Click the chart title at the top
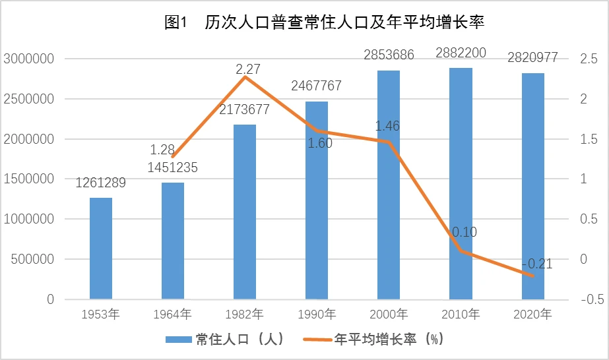(x=325, y=22)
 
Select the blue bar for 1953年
(x=101, y=249)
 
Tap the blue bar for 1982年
(x=245, y=212)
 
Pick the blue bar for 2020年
(x=533, y=186)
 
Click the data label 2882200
(x=461, y=53)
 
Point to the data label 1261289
(x=100, y=183)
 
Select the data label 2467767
(x=317, y=86)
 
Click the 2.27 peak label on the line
(x=248, y=69)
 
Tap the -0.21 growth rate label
(x=537, y=264)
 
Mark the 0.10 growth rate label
(x=465, y=232)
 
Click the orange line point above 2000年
(x=389, y=142)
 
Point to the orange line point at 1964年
(x=173, y=157)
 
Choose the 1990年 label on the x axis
(x=317, y=314)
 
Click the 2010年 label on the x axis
(x=461, y=314)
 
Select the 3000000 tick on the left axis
(x=29, y=59)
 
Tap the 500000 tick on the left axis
(x=32, y=259)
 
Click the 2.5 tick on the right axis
(x=589, y=59)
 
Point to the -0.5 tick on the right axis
(x=593, y=299)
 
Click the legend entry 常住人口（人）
(x=225, y=340)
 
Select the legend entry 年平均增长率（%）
(x=373, y=340)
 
